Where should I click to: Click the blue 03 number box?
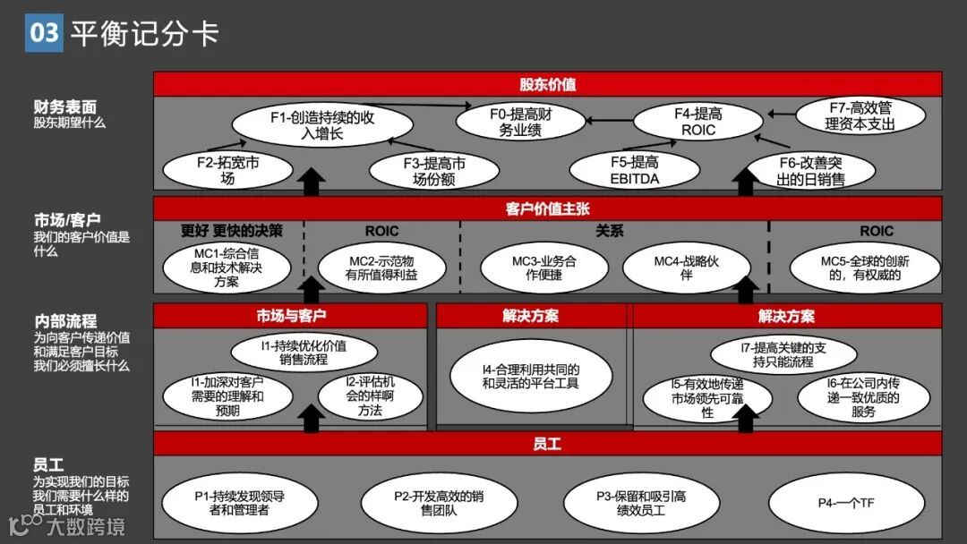[x=44, y=33]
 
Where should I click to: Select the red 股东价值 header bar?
[x=547, y=84]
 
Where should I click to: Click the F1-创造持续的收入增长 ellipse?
[x=321, y=125]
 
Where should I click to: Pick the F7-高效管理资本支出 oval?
[x=860, y=116]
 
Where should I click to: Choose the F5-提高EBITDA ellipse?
[x=635, y=170]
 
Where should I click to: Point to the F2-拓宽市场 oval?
[x=215, y=171]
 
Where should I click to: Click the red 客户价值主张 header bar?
[x=547, y=209]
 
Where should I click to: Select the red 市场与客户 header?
[x=291, y=316]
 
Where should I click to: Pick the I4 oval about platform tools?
[x=531, y=377]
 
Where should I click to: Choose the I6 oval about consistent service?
[x=863, y=398]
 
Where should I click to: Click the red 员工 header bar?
[x=547, y=444]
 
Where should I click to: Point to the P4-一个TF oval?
[x=846, y=503]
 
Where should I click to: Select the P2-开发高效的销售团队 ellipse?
[x=439, y=503]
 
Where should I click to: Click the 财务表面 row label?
[x=65, y=106]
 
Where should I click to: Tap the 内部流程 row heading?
[x=65, y=320]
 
